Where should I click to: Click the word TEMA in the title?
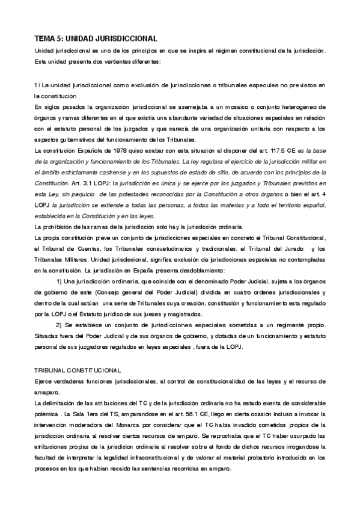(x=45, y=37)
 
